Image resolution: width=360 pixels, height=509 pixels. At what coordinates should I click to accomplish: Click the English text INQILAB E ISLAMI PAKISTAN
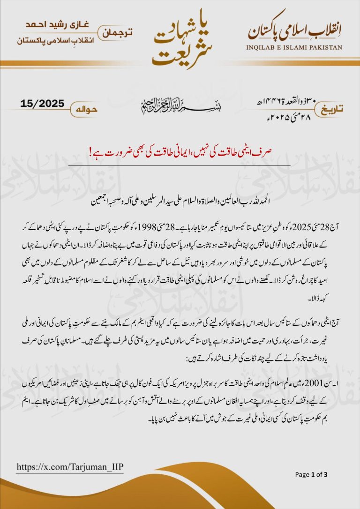294,47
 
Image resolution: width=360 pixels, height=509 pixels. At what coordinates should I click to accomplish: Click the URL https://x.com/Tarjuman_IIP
70,467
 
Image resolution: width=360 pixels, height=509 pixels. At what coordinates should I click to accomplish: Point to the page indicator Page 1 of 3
311,475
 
